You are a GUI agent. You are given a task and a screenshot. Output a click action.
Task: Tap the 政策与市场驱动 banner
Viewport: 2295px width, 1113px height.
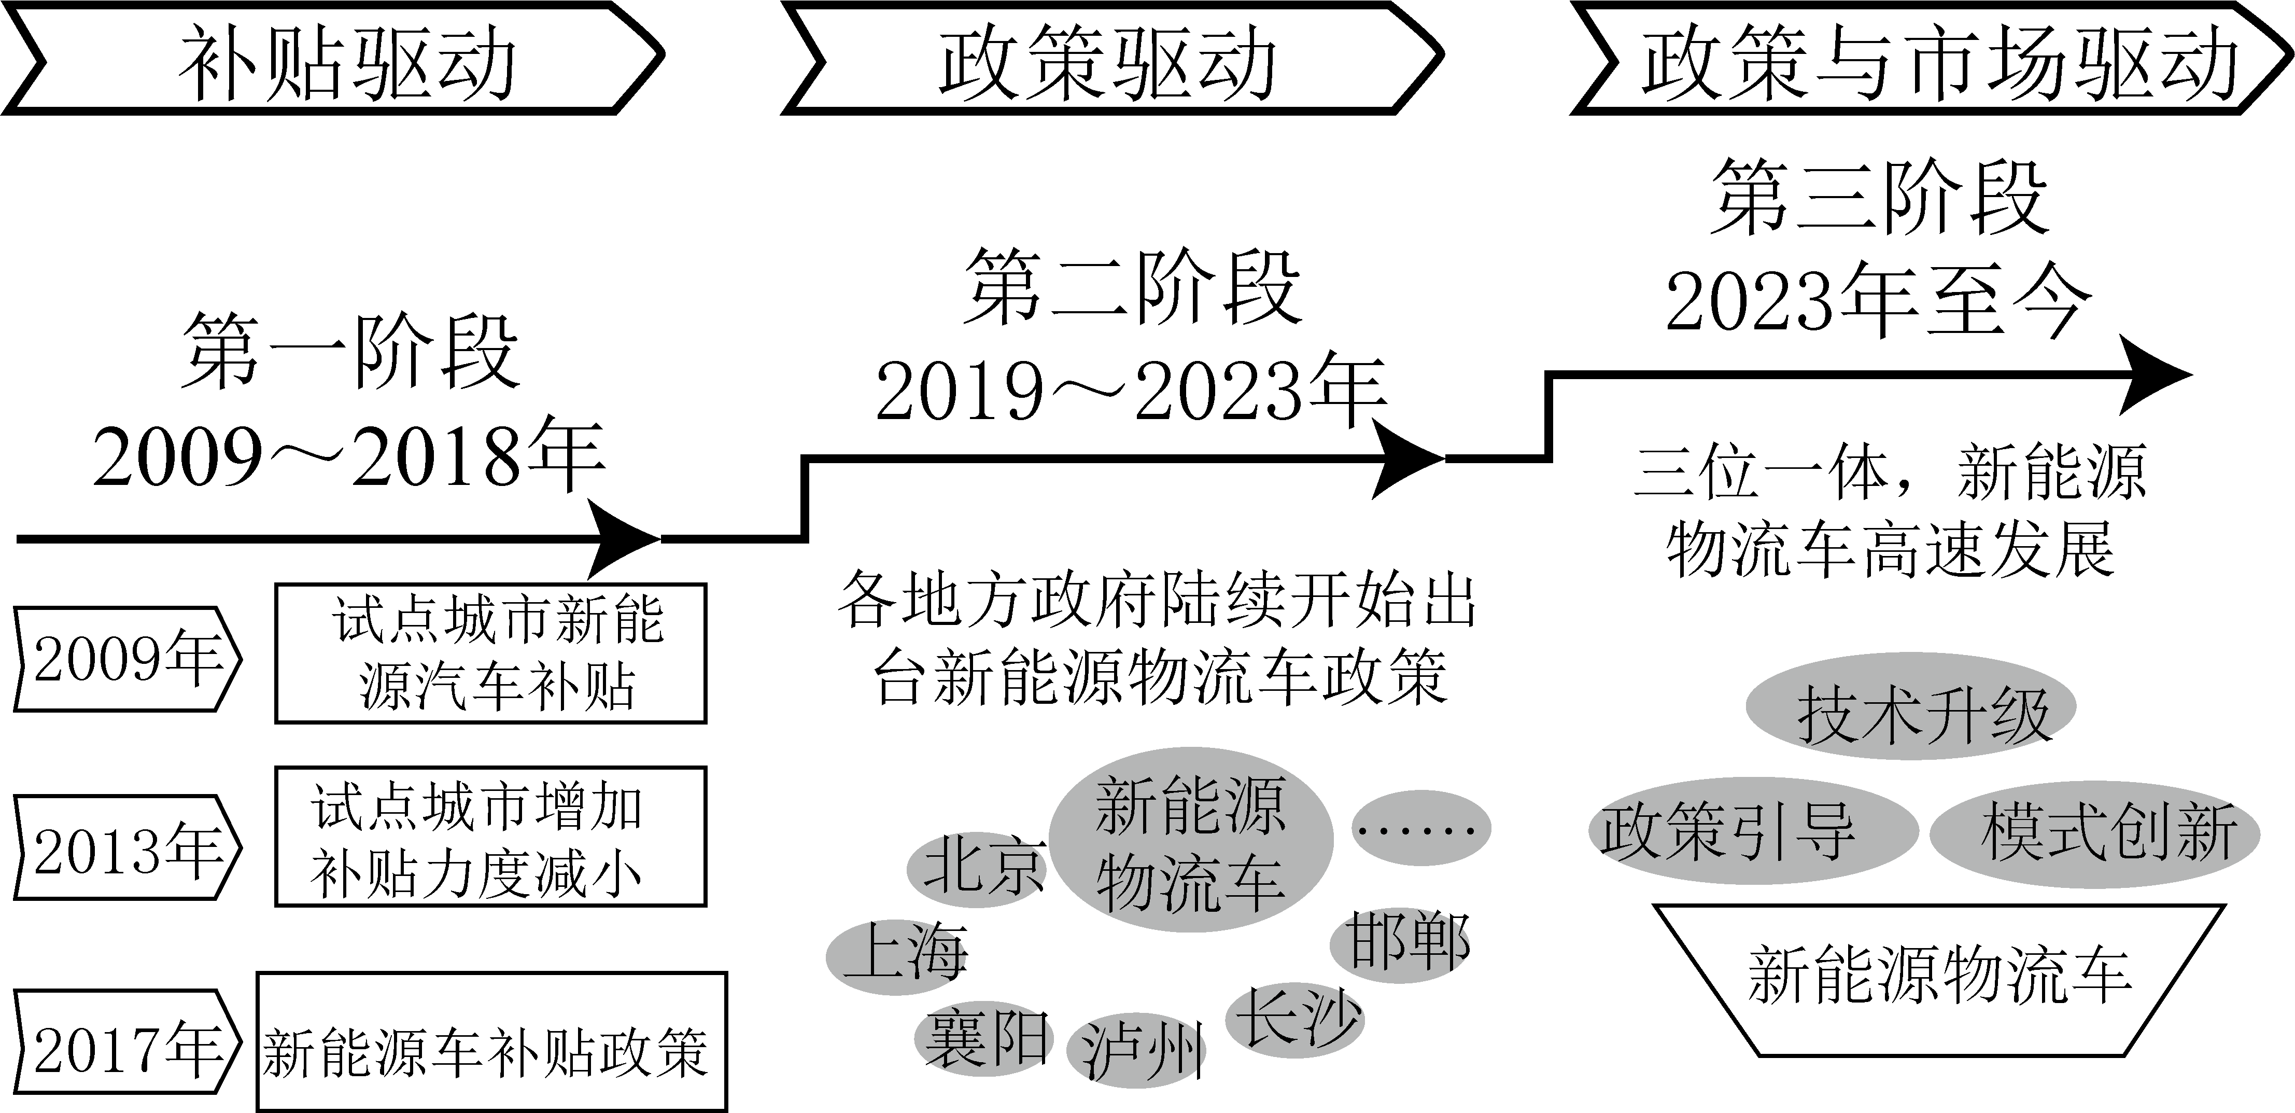click(x=1932, y=59)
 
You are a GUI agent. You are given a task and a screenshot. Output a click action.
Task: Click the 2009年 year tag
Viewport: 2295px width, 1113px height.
click(x=128, y=659)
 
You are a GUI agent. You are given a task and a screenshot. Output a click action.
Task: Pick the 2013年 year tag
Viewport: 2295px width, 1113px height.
click(x=128, y=846)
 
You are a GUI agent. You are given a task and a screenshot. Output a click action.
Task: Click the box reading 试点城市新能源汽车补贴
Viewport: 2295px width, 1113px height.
click(x=490, y=653)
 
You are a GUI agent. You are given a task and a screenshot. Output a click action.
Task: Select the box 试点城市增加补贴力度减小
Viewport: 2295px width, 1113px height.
click(x=490, y=837)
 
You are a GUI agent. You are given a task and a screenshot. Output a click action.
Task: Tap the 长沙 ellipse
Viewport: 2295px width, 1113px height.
click(x=1294, y=1019)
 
